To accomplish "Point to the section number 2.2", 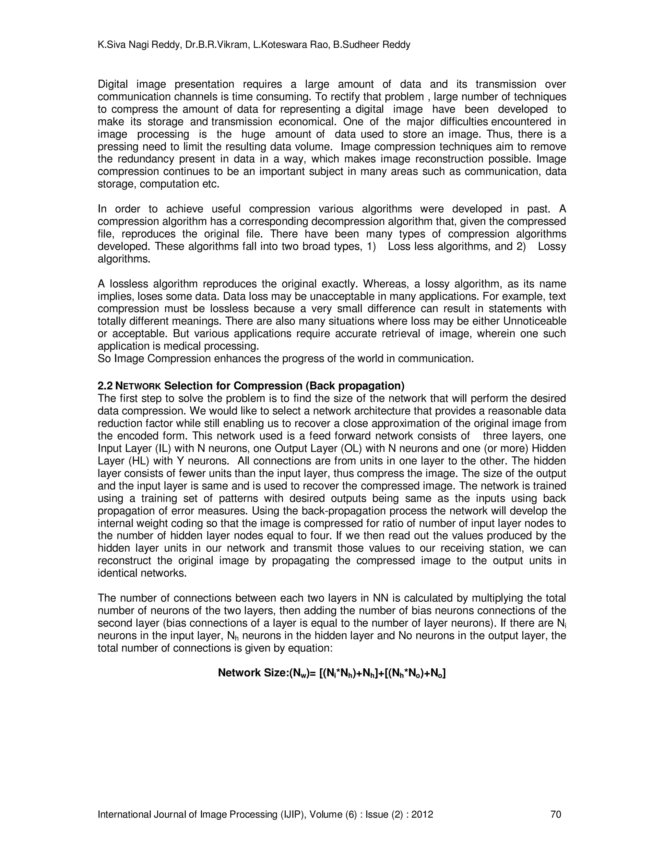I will tap(105, 385).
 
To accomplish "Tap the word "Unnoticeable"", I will tap(535, 321).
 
